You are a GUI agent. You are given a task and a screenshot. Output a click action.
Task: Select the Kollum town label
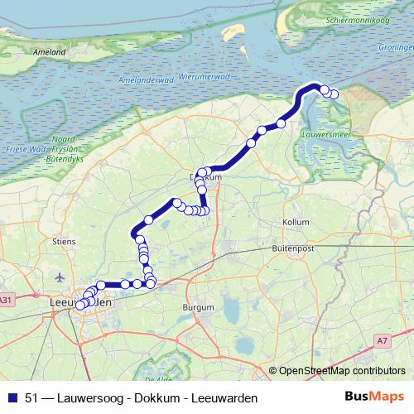(296, 223)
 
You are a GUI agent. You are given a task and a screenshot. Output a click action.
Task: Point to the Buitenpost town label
(295, 248)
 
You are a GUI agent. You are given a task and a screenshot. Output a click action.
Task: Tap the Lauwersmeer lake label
(325, 129)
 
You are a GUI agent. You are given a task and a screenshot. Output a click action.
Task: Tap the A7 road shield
(383, 339)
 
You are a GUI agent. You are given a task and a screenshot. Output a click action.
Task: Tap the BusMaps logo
(376, 397)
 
